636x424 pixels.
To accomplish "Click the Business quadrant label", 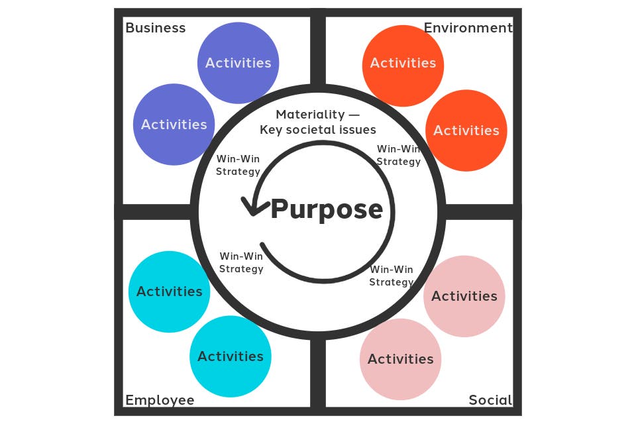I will point(155,28).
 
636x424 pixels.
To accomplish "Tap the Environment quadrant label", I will point(468,28).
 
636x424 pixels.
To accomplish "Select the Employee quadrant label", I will point(160,400).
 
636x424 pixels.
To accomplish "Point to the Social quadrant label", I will point(490,400).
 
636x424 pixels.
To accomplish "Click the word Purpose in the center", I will point(327,209).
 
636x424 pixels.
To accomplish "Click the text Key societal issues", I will point(318,130).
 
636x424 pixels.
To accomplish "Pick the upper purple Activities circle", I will point(238,63).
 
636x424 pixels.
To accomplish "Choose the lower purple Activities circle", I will point(174,125).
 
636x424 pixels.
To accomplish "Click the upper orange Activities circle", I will point(403,63).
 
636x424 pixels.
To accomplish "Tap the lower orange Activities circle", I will point(466,131).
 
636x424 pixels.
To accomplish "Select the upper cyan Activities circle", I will point(170,291).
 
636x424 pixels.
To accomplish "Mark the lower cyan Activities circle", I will point(231,356).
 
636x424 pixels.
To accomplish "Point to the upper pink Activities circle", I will point(464,296).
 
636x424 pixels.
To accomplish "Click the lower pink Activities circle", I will point(401,359).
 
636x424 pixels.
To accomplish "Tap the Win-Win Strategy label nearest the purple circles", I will point(238,166).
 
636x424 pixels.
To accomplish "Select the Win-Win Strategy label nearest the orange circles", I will point(398,155).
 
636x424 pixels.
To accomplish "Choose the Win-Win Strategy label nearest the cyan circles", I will point(241,262).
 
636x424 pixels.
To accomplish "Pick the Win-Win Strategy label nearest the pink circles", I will point(392,276).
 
